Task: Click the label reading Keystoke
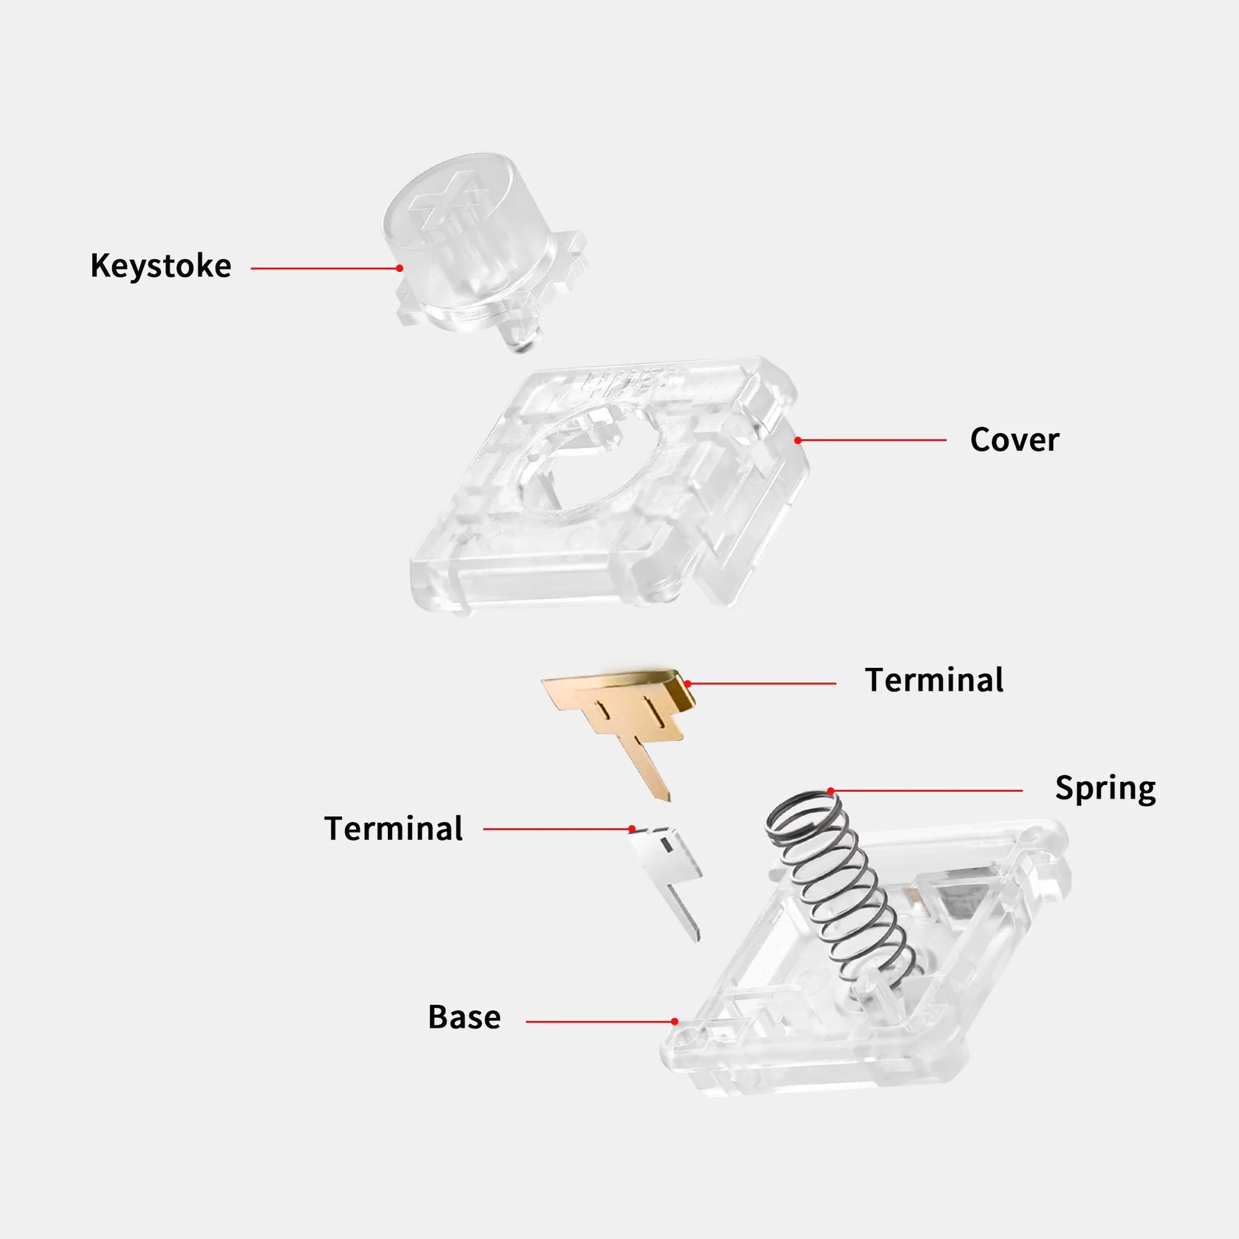(x=161, y=266)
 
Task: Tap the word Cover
(x=1014, y=440)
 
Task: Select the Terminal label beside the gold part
(x=935, y=680)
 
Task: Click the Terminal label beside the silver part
(x=393, y=828)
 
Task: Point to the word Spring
(x=1105, y=789)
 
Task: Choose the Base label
(x=464, y=1017)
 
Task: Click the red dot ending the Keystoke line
(x=400, y=268)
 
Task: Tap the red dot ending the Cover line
(x=798, y=440)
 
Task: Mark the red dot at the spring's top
(x=831, y=791)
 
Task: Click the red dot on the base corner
(x=675, y=1022)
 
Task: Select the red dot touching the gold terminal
(x=688, y=684)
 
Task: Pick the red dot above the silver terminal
(x=632, y=828)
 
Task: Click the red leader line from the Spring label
(x=926, y=791)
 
